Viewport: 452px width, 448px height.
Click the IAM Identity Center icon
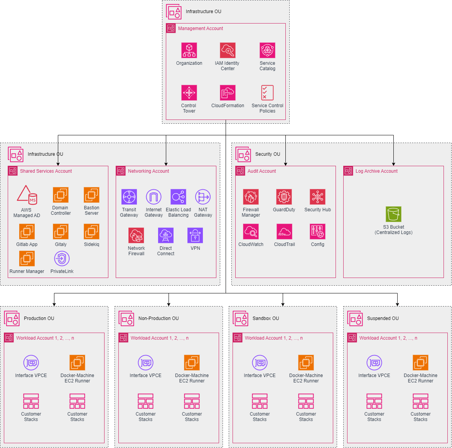click(x=228, y=51)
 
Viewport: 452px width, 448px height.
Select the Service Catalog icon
click(x=267, y=51)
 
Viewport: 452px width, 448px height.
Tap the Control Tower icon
click(x=189, y=93)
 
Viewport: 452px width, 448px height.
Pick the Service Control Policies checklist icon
click(x=267, y=93)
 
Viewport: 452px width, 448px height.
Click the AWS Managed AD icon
click(x=27, y=195)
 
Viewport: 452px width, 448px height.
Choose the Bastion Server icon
click(x=91, y=195)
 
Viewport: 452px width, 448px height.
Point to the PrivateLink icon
click(x=62, y=259)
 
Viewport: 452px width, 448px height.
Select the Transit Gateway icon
click(x=129, y=197)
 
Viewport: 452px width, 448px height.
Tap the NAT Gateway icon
click(x=203, y=197)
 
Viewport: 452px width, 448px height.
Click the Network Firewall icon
click(x=136, y=236)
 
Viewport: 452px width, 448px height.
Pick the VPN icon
click(x=195, y=236)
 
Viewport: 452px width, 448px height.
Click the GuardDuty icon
click(x=284, y=197)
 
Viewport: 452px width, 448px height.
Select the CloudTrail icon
click(x=284, y=232)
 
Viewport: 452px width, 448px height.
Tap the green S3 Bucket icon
click(x=393, y=214)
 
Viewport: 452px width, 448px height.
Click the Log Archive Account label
click(x=376, y=171)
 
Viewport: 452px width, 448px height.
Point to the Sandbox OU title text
click(x=266, y=318)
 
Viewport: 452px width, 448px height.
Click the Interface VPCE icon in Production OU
click(x=31, y=363)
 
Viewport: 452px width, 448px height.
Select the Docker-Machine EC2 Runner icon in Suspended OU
click(x=420, y=363)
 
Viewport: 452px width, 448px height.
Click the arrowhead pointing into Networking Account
click(x=166, y=164)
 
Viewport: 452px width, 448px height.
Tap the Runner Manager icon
click(x=27, y=259)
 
